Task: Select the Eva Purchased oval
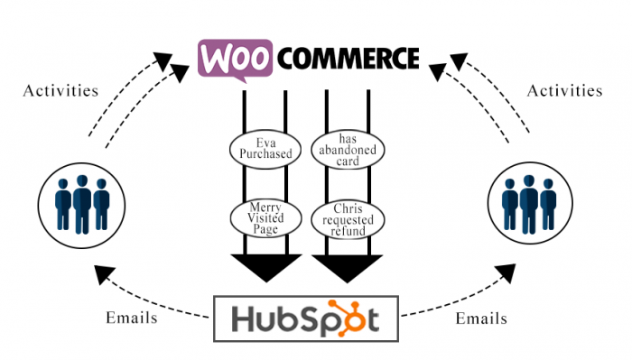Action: click(265, 148)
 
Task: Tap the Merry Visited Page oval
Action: click(265, 217)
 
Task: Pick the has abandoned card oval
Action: click(348, 148)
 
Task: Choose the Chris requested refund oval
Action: click(348, 217)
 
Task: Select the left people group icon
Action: click(81, 199)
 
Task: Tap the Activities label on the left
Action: click(60, 90)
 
